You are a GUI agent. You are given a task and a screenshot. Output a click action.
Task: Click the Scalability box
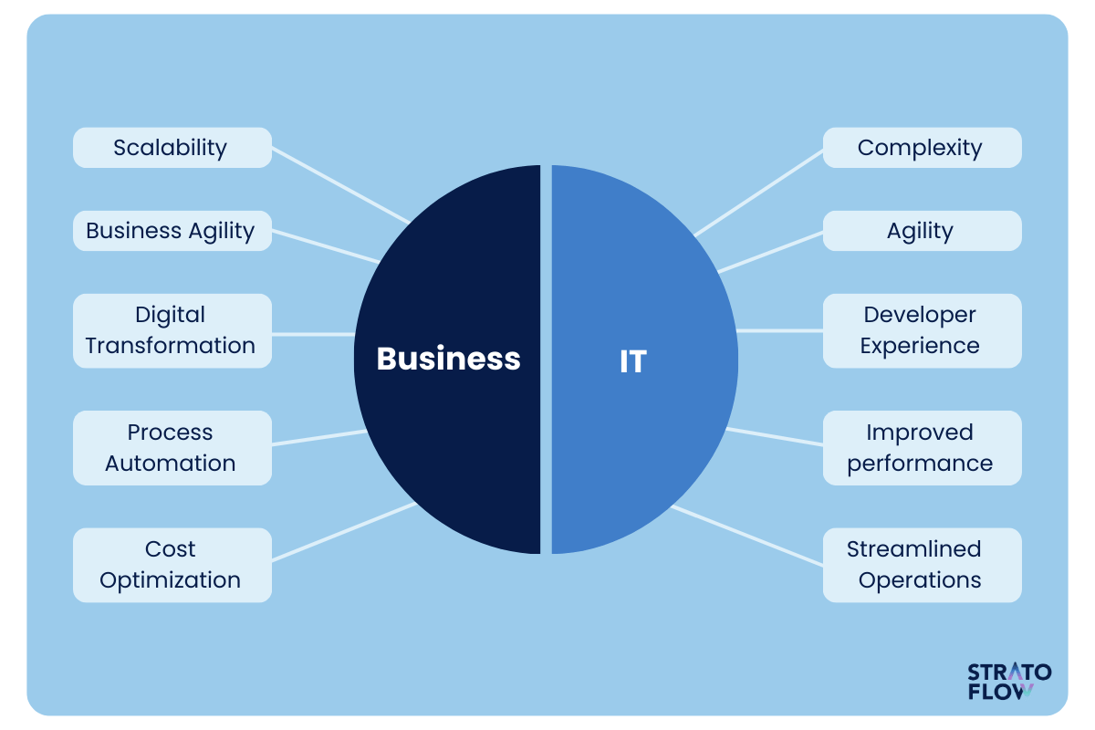(172, 148)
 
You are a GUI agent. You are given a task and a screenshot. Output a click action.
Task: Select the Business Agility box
(172, 231)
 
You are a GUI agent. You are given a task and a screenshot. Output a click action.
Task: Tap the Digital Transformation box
(172, 331)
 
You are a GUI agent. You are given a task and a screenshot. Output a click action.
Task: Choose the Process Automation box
(172, 448)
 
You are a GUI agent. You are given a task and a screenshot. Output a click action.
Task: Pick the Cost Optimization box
(172, 565)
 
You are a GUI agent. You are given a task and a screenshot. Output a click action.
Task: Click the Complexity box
(922, 148)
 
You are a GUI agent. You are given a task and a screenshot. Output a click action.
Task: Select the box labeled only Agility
(922, 231)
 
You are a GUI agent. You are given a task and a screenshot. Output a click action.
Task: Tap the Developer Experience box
(922, 331)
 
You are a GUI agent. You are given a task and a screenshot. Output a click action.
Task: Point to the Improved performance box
(922, 448)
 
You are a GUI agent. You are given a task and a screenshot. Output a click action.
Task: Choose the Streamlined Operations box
(922, 565)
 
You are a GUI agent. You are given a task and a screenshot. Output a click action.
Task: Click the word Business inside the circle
(448, 359)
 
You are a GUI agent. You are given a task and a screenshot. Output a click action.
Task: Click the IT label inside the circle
(633, 361)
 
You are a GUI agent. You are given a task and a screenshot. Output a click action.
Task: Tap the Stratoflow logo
(1009, 681)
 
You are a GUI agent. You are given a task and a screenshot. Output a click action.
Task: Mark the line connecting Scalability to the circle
(340, 186)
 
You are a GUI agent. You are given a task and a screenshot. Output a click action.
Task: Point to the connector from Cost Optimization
(344, 531)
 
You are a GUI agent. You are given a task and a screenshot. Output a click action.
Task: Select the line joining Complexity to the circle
(758, 193)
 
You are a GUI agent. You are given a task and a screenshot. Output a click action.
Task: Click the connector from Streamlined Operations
(747, 536)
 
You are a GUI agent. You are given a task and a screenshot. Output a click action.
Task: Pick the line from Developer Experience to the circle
(779, 331)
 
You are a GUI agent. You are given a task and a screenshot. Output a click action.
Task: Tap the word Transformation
(170, 346)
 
